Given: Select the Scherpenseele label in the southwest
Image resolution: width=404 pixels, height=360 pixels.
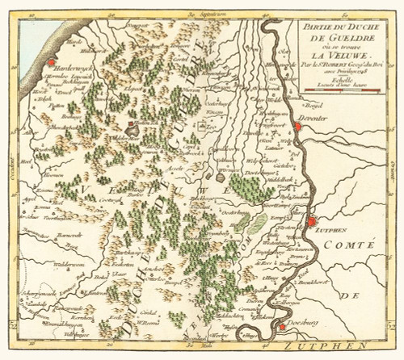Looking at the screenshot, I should (37, 291).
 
